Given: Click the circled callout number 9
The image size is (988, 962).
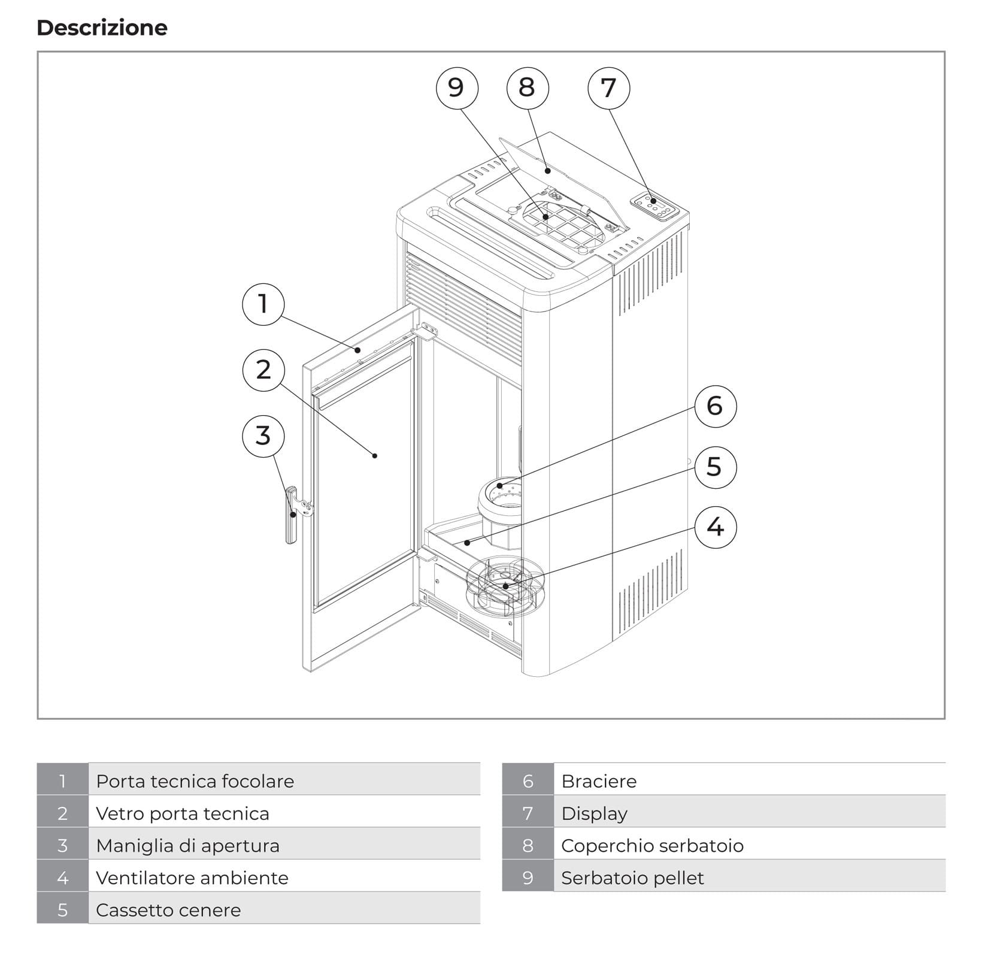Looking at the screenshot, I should [456, 88].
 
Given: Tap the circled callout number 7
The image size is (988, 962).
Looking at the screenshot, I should [608, 88].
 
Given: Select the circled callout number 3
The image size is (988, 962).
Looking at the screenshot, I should [263, 435].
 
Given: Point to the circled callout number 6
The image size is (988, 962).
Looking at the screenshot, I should [715, 406].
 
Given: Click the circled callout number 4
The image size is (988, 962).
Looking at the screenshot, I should [715, 527].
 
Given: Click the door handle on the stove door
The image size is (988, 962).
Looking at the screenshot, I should [292, 515].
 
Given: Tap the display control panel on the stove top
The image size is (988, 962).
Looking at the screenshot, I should [656, 207].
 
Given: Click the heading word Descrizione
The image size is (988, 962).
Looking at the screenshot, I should [102, 28].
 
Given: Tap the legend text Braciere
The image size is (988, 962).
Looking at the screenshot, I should [598, 781].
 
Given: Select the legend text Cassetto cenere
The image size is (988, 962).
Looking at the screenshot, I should [168, 910].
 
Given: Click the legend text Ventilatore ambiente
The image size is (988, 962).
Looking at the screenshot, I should [192, 878].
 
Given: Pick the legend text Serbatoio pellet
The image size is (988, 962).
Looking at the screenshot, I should [632, 878].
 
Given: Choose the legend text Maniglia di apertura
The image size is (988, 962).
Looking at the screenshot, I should [187, 845].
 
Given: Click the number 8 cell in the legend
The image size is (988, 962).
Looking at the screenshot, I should [528, 845].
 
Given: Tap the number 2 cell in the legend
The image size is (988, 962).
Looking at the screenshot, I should [62, 813].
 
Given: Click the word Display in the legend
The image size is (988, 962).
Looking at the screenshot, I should [594, 813].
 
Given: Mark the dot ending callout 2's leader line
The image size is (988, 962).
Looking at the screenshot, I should [375, 456].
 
